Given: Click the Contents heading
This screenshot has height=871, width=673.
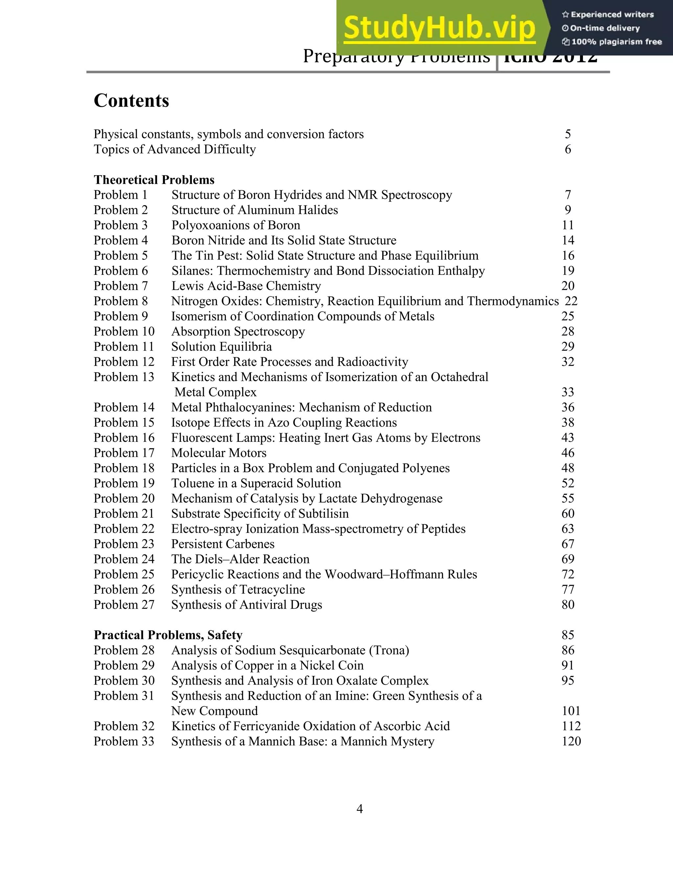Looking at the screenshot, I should pyautogui.click(x=131, y=101).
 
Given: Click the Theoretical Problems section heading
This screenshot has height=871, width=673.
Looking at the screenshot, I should pyautogui.click(x=154, y=180).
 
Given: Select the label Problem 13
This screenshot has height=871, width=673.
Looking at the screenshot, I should pyautogui.click(x=124, y=377).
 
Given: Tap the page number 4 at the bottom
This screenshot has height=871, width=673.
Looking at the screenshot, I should pyautogui.click(x=359, y=809).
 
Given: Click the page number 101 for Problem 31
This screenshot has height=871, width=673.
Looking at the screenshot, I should pyautogui.click(x=571, y=711).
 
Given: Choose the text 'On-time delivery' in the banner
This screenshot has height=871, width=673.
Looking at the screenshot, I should pyautogui.click(x=605, y=28).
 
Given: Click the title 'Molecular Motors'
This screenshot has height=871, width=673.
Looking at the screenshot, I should pyautogui.click(x=219, y=453).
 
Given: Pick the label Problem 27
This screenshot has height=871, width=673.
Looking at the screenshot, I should pyautogui.click(x=124, y=604).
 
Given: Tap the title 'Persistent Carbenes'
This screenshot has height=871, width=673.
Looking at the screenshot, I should pyautogui.click(x=223, y=544).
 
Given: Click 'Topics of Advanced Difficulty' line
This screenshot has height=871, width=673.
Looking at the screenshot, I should pyautogui.click(x=174, y=150).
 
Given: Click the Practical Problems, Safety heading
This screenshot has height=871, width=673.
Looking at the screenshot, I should pyautogui.click(x=168, y=635).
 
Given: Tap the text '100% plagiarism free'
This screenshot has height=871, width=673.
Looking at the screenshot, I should pyautogui.click(x=616, y=42).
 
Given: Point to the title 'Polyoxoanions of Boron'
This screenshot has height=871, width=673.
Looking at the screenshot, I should pyautogui.click(x=236, y=225).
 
